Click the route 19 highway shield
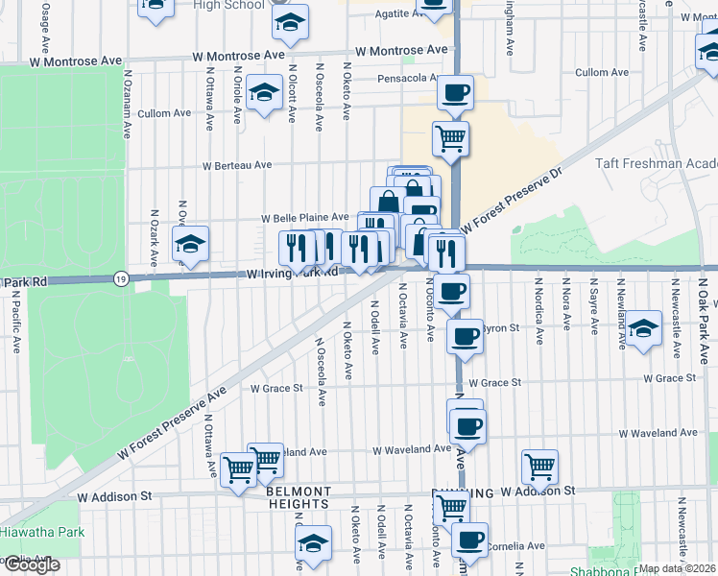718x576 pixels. click(x=120, y=278)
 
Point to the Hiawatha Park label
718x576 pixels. click(x=42, y=532)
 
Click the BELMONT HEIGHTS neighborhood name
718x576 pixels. click(x=299, y=497)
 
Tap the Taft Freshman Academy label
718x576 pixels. click(x=657, y=164)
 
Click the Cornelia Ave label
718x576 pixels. click(x=515, y=546)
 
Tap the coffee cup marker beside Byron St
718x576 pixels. click(x=466, y=335)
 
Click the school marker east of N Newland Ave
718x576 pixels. click(x=644, y=327)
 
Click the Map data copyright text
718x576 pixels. click(x=677, y=568)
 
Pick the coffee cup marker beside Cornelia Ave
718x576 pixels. click(x=469, y=540)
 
